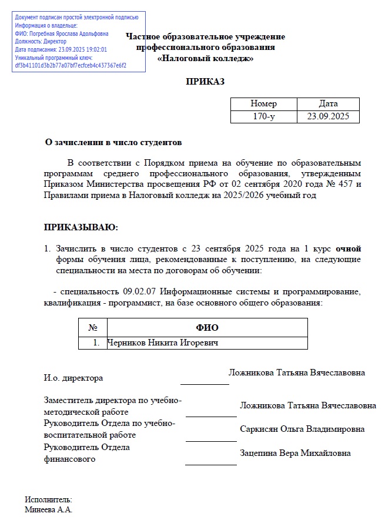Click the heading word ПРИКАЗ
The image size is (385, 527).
click(x=205, y=82)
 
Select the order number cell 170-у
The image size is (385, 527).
click(x=264, y=116)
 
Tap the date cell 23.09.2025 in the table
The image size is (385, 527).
click(x=328, y=116)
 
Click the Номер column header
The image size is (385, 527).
click(x=264, y=104)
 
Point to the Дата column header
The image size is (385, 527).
click(x=328, y=104)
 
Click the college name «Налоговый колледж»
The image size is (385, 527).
click(x=206, y=58)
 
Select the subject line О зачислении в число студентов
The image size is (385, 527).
click(x=114, y=142)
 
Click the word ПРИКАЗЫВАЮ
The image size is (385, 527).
click(x=81, y=227)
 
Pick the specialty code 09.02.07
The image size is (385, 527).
click(x=139, y=291)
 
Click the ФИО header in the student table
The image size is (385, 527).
click(x=207, y=327)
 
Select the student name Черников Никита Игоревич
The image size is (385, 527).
click(x=163, y=343)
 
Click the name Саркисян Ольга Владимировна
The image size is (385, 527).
click(x=302, y=429)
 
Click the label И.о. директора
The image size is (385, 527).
click(x=73, y=378)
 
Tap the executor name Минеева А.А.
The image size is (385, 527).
click(x=48, y=510)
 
